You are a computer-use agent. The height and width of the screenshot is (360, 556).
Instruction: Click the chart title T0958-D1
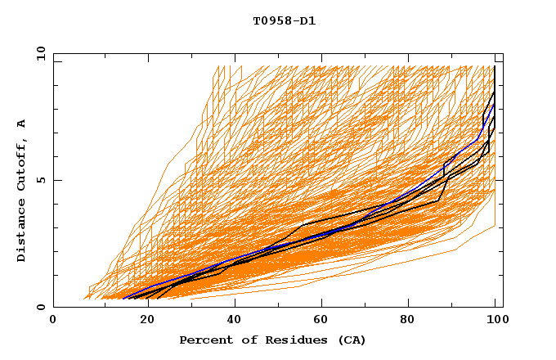pos(284,20)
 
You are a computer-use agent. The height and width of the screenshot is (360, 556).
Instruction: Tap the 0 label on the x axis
pos(53,320)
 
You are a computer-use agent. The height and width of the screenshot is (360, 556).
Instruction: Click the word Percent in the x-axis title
pos(204,340)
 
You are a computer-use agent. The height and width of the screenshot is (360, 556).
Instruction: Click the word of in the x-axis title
pos(244,340)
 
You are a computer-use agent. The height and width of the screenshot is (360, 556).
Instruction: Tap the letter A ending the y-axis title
pos(21,123)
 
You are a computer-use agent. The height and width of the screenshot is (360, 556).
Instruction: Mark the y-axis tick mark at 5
pos(56,180)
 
